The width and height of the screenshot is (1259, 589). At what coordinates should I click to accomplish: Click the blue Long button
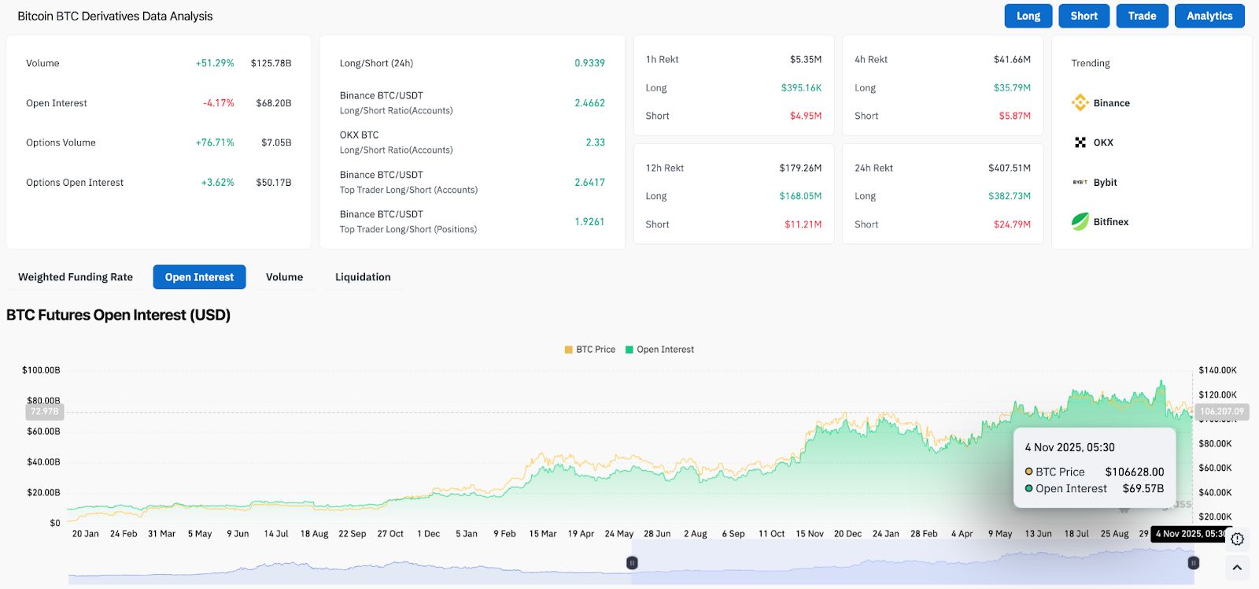coord(1028,16)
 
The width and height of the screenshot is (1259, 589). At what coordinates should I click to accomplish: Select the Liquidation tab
coord(363,277)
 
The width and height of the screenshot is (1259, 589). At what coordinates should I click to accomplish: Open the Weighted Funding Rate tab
coord(76,277)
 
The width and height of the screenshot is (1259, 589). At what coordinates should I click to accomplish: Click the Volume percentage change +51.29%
coord(215,63)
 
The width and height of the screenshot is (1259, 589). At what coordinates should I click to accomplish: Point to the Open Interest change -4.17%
coord(218,103)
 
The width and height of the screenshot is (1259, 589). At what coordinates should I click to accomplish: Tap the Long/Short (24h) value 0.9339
coord(589,63)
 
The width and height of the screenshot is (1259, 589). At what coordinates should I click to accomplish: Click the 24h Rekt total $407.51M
coord(1009,168)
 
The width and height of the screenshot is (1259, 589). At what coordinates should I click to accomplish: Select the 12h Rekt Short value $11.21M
coord(803,224)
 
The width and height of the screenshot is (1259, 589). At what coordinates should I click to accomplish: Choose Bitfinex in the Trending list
coord(1110,222)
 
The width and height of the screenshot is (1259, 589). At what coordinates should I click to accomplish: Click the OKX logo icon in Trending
coord(1080,143)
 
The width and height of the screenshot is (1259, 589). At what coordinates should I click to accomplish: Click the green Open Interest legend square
coord(629,350)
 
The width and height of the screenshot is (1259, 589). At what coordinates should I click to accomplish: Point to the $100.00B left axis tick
coord(41,370)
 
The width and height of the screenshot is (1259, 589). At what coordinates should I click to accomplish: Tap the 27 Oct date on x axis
coord(390,534)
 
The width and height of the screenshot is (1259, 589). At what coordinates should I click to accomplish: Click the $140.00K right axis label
coord(1217,370)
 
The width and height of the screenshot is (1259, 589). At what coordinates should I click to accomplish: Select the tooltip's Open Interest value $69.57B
coord(1143,489)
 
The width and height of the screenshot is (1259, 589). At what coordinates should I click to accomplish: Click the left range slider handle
coord(632,563)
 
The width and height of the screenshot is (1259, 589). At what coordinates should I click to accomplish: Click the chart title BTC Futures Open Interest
coord(118,315)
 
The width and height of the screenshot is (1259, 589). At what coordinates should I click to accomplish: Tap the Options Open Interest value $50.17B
coord(273,183)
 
